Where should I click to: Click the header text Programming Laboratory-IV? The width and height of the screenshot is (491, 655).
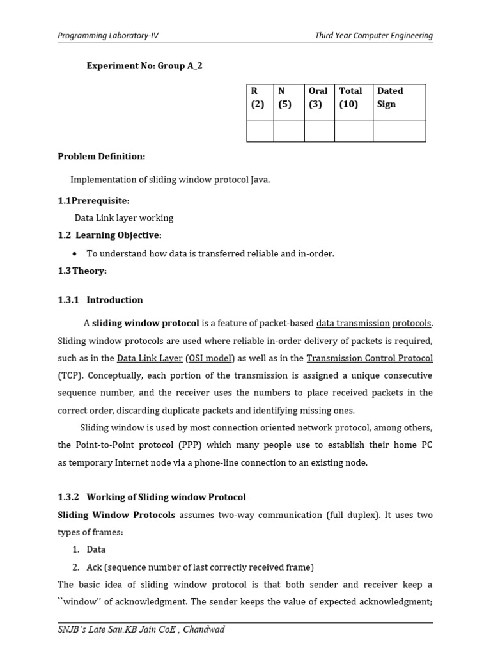click(x=108, y=36)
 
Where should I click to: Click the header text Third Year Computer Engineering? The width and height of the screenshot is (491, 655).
click(x=373, y=36)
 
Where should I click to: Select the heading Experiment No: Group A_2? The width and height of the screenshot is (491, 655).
click(x=144, y=66)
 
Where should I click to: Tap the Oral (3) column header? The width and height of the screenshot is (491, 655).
click(x=318, y=98)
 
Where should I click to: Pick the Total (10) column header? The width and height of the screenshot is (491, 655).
click(x=351, y=98)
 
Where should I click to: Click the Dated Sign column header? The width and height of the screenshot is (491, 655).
click(x=390, y=98)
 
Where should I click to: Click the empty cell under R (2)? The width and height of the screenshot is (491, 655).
click(x=260, y=130)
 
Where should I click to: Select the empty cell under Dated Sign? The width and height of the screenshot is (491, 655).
click(x=399, y=130)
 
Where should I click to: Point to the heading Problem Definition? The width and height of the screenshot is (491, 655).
click(x=102, y=156)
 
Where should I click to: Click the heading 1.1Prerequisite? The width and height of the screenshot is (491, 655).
click(x=93, y=201)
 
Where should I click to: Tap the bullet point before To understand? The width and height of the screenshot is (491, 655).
click(x=76, y=254)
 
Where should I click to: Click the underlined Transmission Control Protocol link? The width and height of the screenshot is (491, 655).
click(x=370, y=358)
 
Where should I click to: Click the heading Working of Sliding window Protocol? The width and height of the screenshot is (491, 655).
click(x=166, y=497)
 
